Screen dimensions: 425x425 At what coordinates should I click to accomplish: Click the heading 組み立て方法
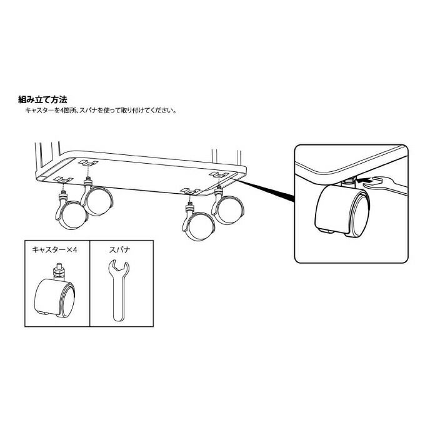[42, 99]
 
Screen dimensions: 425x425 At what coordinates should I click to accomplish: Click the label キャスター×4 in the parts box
[54, 249]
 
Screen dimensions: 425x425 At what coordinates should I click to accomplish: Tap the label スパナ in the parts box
[119, 249]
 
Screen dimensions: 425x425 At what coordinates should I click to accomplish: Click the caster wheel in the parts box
[55, 297]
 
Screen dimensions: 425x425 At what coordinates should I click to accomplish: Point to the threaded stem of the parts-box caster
[59, 271]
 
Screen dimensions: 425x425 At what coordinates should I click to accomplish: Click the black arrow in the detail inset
[363, 179]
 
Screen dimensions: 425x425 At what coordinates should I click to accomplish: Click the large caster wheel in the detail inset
[342, 209]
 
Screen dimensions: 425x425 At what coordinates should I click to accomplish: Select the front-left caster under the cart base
[71, 211]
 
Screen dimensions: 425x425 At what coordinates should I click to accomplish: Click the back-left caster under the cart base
[96, 196]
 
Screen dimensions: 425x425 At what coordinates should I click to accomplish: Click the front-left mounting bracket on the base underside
[63, 180]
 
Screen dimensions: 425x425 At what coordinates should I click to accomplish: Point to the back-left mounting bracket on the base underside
[88, 162]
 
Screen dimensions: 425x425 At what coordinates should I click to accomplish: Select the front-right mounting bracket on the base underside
[190, 191]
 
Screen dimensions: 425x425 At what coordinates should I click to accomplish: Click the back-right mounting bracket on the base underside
[219, 174]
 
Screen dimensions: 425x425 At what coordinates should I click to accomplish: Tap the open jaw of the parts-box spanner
[119, 266]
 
